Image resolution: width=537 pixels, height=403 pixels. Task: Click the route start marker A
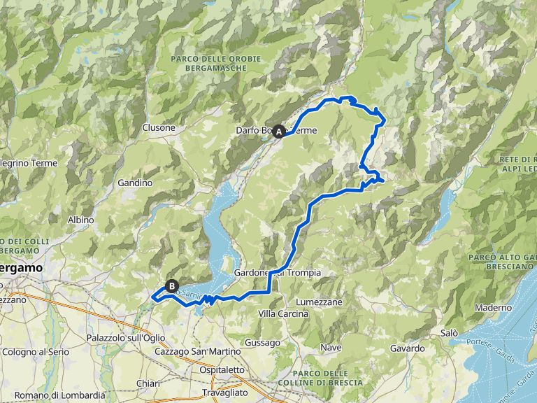(x=279, y=131)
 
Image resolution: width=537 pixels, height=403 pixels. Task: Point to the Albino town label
(x=80, y=220)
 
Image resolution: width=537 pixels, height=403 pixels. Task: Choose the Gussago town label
(x=262, y=343)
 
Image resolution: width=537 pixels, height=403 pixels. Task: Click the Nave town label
(x=330, y=347)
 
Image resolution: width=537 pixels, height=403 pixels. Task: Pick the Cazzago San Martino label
(x=191, y=351)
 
